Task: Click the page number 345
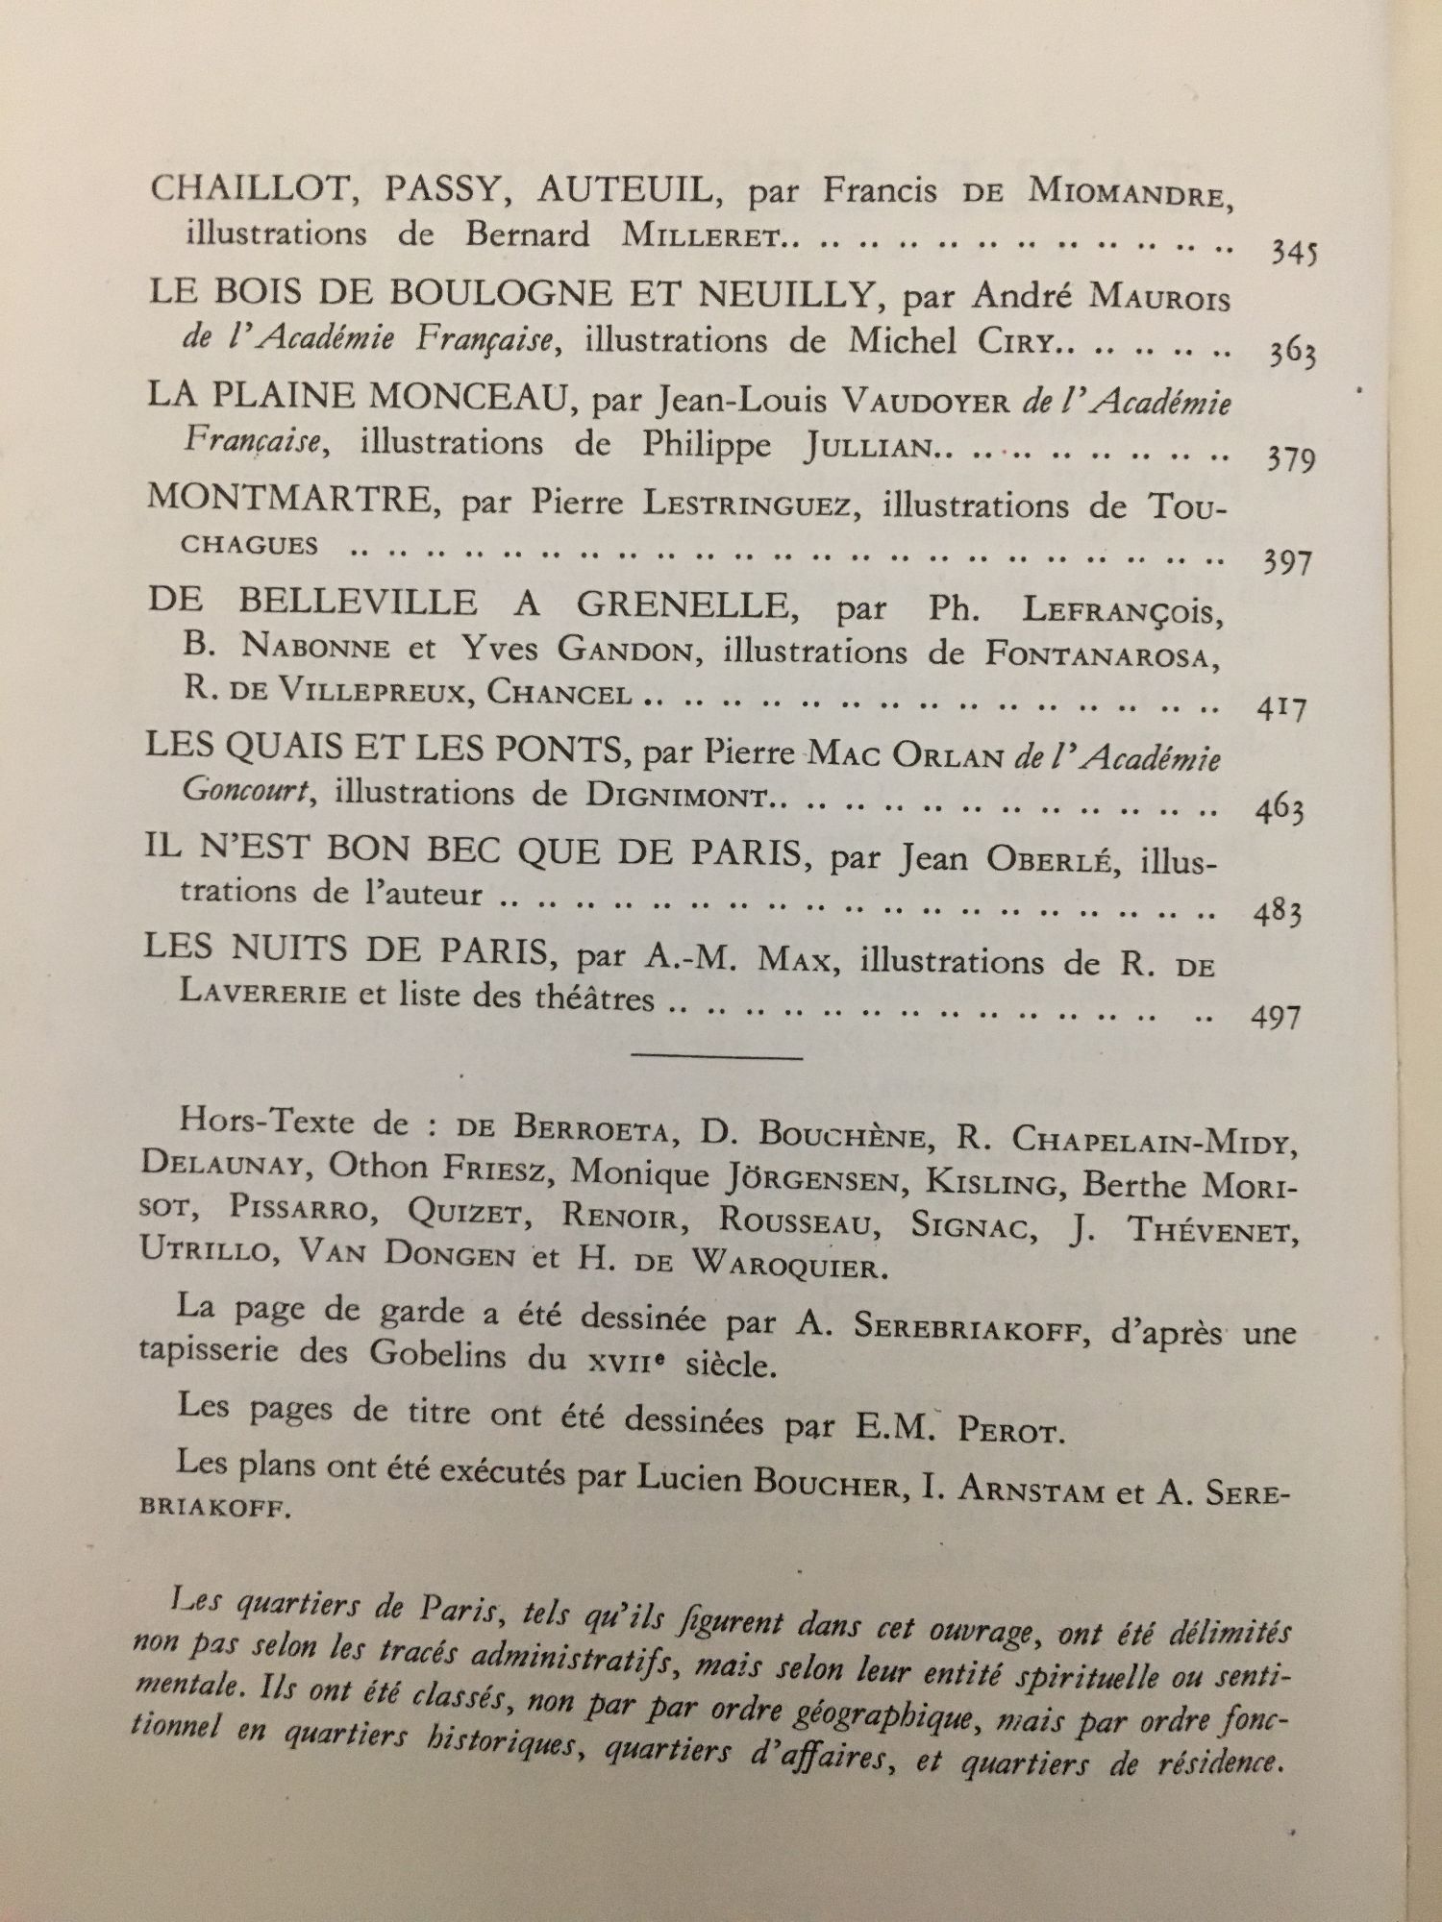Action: pos(1293,252)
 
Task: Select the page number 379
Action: pos(1289,459)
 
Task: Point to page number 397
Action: pos(1287,561)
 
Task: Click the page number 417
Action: pos(1282,709)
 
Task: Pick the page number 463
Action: pos(1280,810)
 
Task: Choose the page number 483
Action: pos(1278,912)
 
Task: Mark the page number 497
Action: pos(1276,1016)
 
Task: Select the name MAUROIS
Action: pos(1158,299)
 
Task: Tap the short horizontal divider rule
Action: pos(716,1057)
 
